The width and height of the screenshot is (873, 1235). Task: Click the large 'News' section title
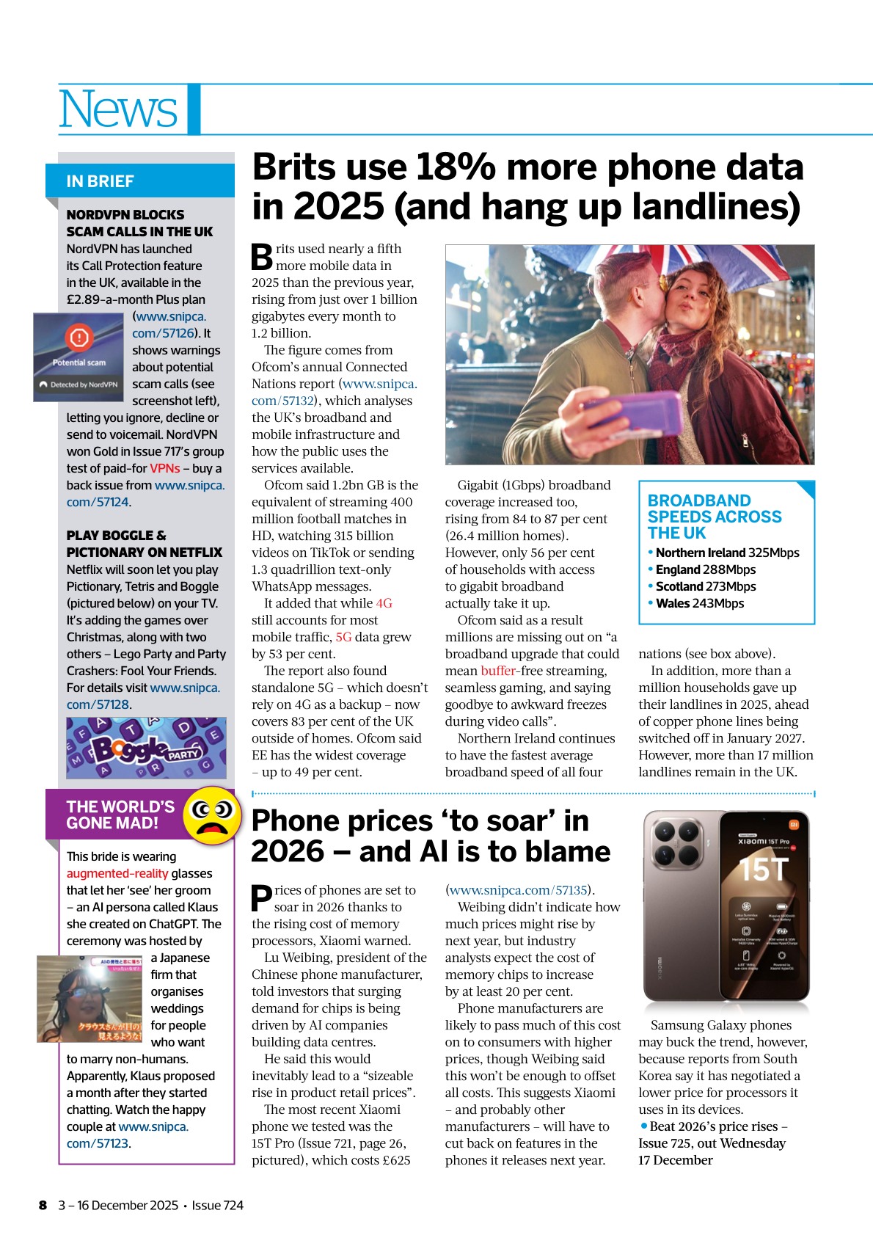[x=117, y=109]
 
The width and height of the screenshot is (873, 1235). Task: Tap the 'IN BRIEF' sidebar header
[x=100, y=181]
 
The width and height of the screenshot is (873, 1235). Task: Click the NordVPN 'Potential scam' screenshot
[x=78, y=357]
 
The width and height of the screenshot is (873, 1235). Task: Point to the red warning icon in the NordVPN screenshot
[x=78, y=338]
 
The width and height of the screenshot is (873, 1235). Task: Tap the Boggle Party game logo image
[x=146, y=748]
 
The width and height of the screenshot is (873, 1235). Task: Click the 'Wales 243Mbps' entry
[x=699, y=603]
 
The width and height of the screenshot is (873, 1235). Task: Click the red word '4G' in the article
[x=384, y=603]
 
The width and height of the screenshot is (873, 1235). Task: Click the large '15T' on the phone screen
[x=764, y=870]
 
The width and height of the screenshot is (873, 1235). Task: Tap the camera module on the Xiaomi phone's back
[x=676, y=843]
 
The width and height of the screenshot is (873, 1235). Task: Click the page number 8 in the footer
[x=43, y=1205]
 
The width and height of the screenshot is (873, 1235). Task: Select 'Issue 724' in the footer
[x=217, y=1205]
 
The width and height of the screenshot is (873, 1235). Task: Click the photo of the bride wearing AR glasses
[x=90, y=999]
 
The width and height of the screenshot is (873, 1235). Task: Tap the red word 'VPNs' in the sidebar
[x=165, y=468]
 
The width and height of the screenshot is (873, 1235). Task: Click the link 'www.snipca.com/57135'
[x=519, y=890]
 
